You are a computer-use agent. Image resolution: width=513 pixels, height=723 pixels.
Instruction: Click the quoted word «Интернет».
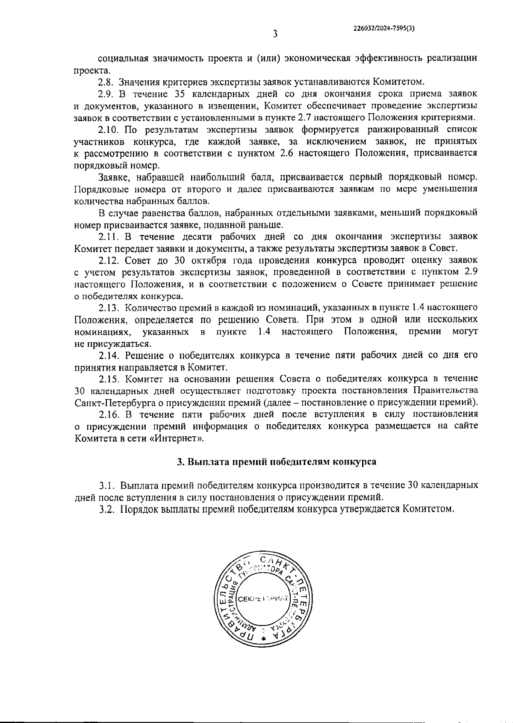click(x=177, y=438)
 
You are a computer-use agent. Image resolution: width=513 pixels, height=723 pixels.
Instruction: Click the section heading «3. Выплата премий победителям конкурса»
click(x=277, y=461)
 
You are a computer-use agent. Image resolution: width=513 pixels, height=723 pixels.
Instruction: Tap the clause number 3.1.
click(x=106, y=485)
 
